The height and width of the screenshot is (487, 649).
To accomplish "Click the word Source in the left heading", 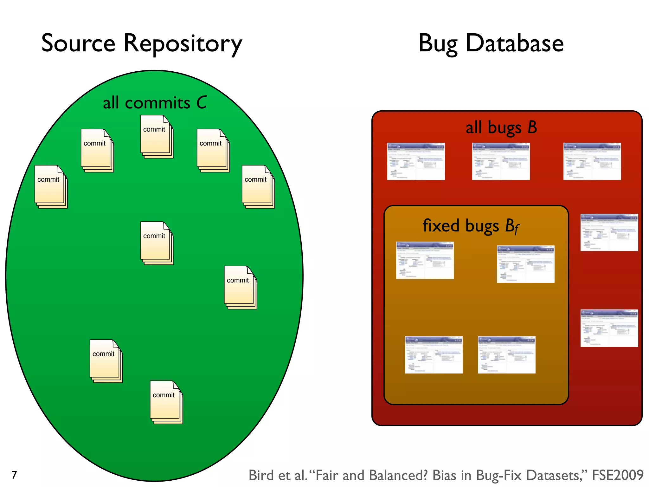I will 78,43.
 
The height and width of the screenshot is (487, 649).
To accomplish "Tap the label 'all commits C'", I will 154,103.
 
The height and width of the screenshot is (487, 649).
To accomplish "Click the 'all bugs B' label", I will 501,127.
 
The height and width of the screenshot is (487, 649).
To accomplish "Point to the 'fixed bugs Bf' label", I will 470,226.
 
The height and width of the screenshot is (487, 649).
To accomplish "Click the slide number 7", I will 14,475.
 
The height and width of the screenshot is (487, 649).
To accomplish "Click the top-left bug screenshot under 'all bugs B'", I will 416,161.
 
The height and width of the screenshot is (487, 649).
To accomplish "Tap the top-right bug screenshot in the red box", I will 592,161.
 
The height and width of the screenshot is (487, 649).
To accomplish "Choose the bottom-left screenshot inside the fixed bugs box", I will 434,355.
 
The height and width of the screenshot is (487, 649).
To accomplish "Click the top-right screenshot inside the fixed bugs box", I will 525,264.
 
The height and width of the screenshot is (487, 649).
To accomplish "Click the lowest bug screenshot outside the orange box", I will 609,328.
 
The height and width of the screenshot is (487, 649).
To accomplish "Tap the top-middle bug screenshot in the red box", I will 501,161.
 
